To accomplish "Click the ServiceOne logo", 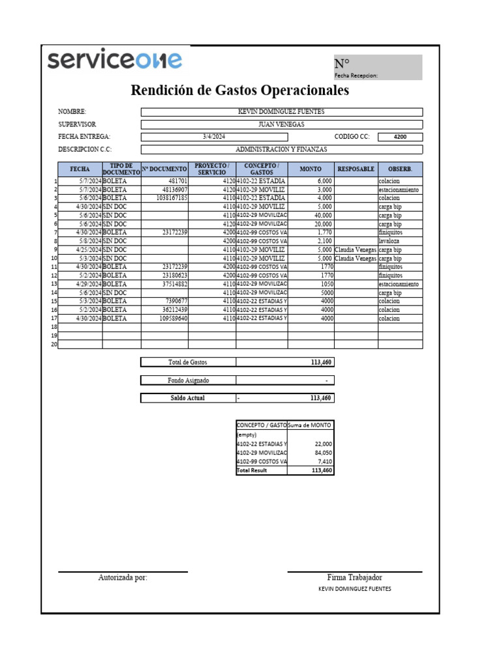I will click(115, 61).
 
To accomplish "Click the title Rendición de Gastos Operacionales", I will click(239, 91).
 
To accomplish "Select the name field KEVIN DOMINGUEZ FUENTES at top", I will click(281, 112).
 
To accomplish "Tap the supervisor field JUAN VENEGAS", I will click(281, 124).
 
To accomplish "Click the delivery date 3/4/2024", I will click(213, 137).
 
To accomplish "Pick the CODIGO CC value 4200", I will click(400, 137).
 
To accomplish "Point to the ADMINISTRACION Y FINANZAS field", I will click(281, 149).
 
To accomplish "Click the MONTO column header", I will click(311, 169).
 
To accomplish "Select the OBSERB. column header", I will click(400, 169).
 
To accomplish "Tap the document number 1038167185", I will click(172, 198).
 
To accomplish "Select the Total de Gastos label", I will click(188, 362).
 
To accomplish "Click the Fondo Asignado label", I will click(188, 380).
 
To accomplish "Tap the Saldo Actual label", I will click(188, 398).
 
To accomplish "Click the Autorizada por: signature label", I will click(123, 578).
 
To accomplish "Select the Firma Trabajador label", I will click(354, 578).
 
